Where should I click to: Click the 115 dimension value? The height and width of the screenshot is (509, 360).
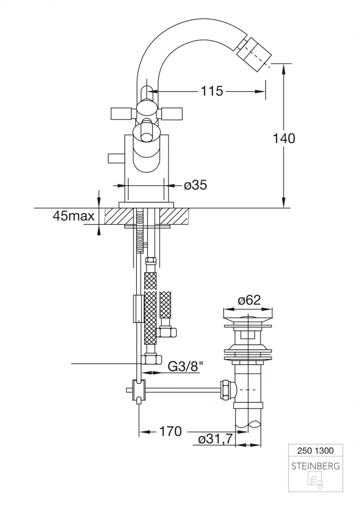[212, 91]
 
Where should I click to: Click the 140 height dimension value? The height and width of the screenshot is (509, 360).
[284, 139]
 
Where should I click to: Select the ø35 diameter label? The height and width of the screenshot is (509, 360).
[195, 185]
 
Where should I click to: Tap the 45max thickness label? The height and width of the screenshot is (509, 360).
[74, 216]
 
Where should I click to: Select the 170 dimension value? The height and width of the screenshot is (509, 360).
[170, 431]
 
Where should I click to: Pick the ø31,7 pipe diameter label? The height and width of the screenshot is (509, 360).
[216, 439]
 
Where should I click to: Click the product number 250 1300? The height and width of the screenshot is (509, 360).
[315, 451]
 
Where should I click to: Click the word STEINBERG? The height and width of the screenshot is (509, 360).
[315, 466]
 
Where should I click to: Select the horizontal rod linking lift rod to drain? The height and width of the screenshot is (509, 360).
[183, 390]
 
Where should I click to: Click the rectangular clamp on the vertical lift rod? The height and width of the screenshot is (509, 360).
[137, 309]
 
